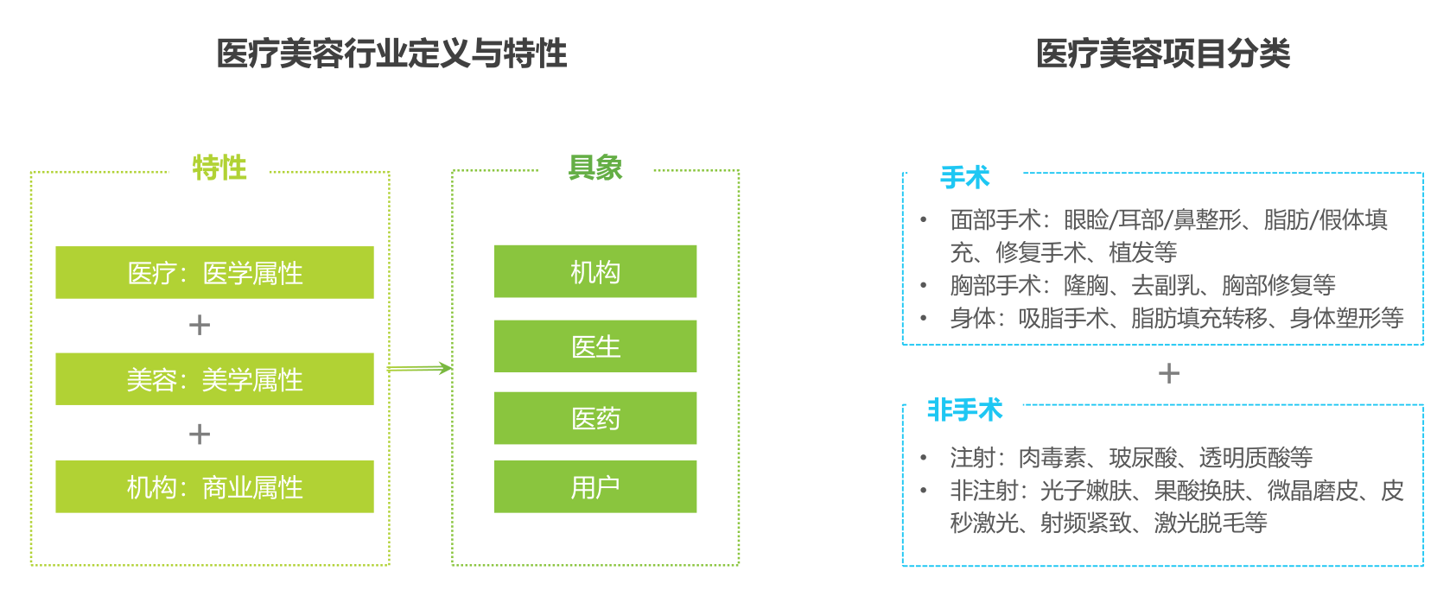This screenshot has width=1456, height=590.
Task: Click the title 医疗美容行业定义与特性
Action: [x=391, y=54]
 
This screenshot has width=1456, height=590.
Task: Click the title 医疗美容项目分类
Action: [x=1163, y=54]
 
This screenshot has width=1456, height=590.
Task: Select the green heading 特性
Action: [x=219, y=168]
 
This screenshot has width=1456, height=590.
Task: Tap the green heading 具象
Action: [x=594, y=168]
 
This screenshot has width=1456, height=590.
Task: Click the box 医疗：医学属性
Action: [x=214, y=272]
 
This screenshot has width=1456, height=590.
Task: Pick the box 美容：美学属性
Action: [x=214, y=379]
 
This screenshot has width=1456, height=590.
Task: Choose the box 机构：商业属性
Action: [x=214, y=486]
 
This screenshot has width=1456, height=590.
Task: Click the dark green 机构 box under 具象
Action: [x=595, y=271]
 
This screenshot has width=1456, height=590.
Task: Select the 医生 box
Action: [x=595, y=346]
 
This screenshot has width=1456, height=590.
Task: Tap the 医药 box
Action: [x=595, y=418]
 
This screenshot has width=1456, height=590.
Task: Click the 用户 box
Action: [x=595, y=486]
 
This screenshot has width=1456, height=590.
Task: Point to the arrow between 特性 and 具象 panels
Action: [x=419, y=368]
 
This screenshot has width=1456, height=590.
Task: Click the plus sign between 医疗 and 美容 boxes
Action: [x=200, y=325]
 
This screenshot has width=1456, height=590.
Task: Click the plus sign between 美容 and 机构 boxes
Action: [x=200, y=434]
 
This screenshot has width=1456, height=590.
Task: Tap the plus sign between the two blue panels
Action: [x=1169, y=374]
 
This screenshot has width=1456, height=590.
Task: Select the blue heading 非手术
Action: [x=964, y=410]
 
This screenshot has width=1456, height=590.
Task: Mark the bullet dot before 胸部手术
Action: [x=924, y=284]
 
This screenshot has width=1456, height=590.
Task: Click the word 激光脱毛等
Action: [x=1211, y=523]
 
